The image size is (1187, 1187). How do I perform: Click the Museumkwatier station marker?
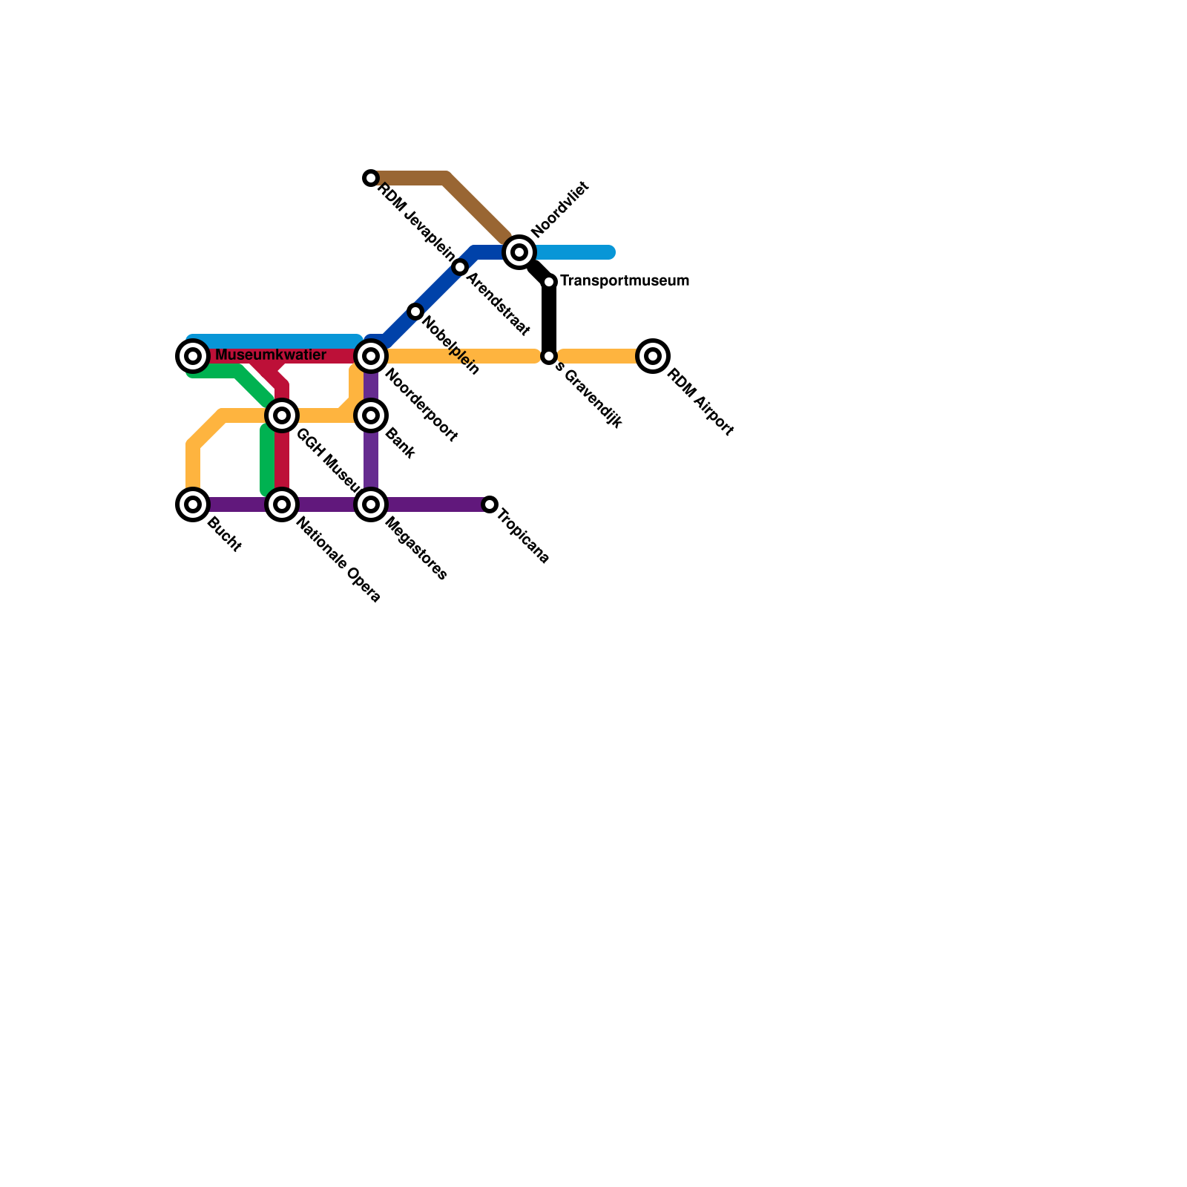coord(193,356)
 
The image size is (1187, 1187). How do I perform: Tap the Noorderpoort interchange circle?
coord(371,356)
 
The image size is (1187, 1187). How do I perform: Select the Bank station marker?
coord(371,415)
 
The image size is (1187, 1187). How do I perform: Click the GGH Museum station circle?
coord(282,415)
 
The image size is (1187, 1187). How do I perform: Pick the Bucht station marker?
coord(193,504)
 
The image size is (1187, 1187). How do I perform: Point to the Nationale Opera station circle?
coord(282,504)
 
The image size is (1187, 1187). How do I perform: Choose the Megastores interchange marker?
coord(371,504)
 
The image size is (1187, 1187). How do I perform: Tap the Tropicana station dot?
coord(490,504)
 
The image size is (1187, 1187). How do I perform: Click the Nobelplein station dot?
coord(415,312)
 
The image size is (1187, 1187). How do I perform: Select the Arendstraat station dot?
coord(460,267)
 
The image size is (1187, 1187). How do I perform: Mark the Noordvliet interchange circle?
coord(519,252)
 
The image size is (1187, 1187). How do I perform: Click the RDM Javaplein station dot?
coord(371,178)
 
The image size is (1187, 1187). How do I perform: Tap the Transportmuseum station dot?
coord(549,282)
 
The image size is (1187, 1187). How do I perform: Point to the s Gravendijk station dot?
coord(549,356)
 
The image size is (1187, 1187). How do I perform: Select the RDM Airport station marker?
coord(653,356)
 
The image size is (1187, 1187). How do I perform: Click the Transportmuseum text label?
coord(625,280)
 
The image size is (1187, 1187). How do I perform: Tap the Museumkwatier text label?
coord(271,355)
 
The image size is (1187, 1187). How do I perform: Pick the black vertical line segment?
coord(549,319)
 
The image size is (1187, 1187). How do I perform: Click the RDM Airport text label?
coord(700,401)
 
